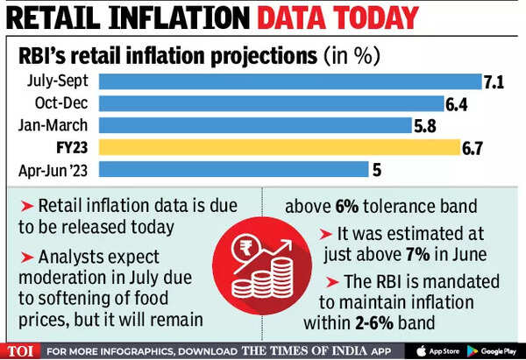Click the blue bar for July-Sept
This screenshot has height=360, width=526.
tap(289, 82)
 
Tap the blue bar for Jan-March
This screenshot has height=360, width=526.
tap(254, 125)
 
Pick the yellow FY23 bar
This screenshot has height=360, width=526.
tap(279, 146)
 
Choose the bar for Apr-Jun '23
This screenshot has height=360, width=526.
tap(232, 168)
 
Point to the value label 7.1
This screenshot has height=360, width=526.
tap(494, 82)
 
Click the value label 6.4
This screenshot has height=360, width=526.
tap(457, 104)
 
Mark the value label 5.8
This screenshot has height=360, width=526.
tap(425, 125)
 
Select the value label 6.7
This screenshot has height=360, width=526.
tap(473, 146)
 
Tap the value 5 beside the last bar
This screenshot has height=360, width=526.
tap(378, 168)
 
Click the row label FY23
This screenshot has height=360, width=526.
tap(75, 146)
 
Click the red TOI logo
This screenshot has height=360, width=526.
tap(22, 350)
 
